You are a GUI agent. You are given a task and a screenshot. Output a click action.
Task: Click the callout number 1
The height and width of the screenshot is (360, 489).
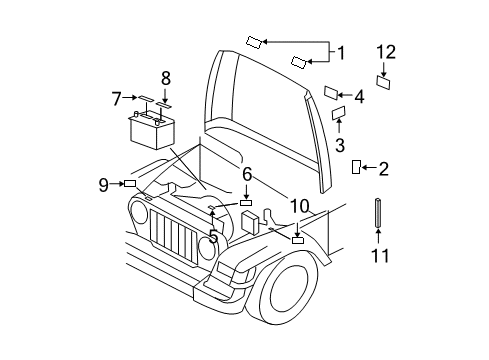(340, 53)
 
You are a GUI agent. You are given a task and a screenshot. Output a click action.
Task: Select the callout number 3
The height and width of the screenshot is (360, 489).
(340, 144)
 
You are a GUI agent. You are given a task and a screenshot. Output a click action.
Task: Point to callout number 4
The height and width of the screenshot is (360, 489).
(359, 97)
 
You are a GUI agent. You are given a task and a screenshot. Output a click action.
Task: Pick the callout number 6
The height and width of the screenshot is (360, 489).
(246, 175)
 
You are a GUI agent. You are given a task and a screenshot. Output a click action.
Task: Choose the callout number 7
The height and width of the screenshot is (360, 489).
(117, 98)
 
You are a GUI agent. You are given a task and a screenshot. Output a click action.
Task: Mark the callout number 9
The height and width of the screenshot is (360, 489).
(103, 183)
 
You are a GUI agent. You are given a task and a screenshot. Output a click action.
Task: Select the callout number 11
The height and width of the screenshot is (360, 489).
(379, 257)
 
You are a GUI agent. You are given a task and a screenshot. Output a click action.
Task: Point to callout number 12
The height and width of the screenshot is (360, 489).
(386, 53)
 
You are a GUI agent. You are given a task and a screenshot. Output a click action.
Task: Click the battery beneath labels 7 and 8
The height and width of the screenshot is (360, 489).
(153, 130)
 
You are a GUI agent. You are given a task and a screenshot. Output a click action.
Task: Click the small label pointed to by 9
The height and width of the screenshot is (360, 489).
(130, 183)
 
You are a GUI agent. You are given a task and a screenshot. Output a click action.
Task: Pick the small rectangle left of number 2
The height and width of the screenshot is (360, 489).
(356, 167)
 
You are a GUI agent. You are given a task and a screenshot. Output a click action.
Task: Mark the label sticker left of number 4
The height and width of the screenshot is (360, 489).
(331, 93)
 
